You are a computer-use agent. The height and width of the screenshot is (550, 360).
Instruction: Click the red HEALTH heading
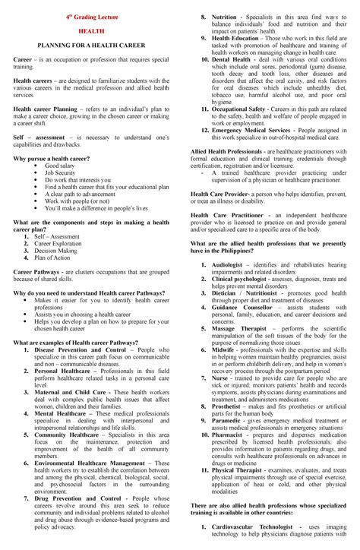(91, 32)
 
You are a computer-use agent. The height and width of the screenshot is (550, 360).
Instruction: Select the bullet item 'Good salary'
(59, 165)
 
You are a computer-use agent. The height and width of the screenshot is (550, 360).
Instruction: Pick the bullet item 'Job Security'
(60, 172)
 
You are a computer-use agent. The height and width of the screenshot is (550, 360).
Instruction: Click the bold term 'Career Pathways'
(37, 271)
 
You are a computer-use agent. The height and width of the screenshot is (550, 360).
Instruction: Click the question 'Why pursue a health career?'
(51, 157)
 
